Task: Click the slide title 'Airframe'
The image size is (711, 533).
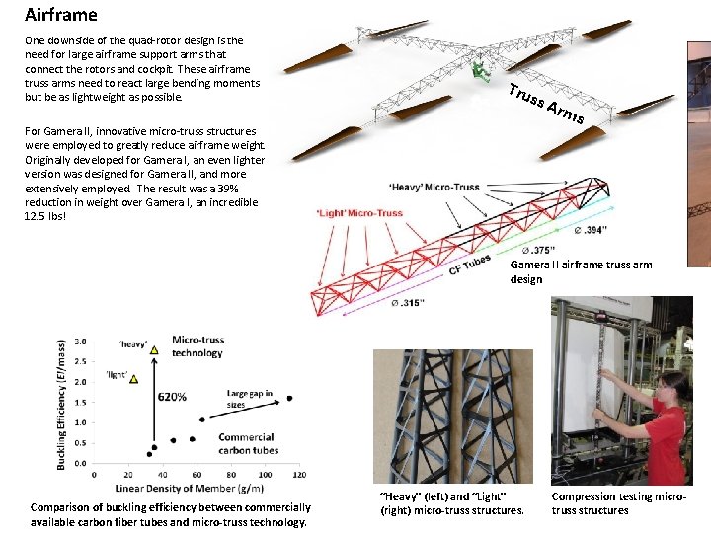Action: coord(61,15)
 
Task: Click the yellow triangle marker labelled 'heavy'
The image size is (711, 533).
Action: coord(154,349)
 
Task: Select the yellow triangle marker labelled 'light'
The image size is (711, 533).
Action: coord(133,378)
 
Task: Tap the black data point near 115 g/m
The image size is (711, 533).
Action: coord(289,399)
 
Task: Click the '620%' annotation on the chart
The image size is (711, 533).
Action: coord(173,397)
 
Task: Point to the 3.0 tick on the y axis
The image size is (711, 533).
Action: coord(80,342)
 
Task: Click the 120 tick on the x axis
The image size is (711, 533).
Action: coord(303,475)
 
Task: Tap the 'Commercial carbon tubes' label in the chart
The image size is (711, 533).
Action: coord(246,443)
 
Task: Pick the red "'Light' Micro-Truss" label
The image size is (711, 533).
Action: coord(359,212)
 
